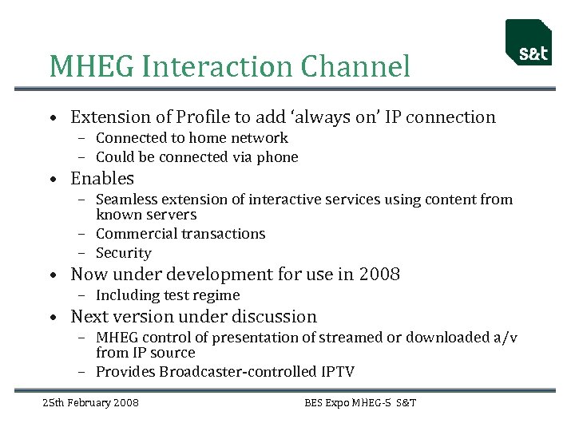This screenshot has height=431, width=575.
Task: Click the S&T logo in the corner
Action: pyautogui.click(x=528, y=43)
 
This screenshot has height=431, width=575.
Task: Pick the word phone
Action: pyautogui.click(x=277, y=157)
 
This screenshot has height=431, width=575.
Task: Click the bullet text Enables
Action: pyautogui.click(x=102, y=179)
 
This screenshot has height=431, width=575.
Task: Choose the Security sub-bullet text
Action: pyautogui.click(x=123, y=253)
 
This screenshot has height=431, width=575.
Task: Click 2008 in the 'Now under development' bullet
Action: pyautogui.click(x=379, y=275)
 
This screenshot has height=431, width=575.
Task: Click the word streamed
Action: pyautogui.click(x=351, y=338)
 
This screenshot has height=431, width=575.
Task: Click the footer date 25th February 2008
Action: pyautogui.click(x=90, y=403)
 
